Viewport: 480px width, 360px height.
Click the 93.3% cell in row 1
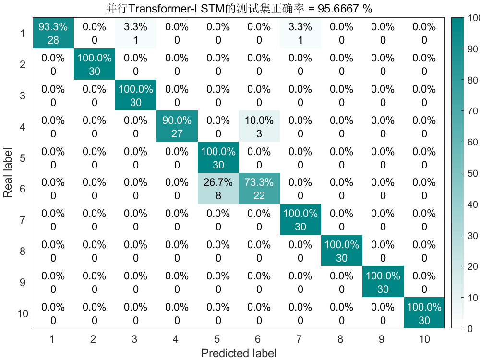click(x=53, y=33)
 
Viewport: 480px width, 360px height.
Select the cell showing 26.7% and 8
click(x=218, y=189)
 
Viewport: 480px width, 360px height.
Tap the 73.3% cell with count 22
click(x=259, y=189)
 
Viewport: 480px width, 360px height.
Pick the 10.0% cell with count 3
click(x=259, y=127)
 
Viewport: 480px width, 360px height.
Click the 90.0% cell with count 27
click(x=177, y=127)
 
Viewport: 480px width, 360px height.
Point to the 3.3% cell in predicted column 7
click(x=300, y=33)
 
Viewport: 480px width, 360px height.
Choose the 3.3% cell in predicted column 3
click(x=136, y=33)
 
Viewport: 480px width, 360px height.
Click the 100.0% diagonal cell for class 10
click(x=424, y=313)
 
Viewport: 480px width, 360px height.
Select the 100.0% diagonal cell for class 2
click(x=95, y=64)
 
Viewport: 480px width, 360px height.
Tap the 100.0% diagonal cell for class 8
click(x=342, y=251)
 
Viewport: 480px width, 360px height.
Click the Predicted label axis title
click(x=239, y=354)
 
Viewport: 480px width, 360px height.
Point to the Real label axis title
click(x=8, y=173)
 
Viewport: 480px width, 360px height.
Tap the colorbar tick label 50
click(x=473, y=173)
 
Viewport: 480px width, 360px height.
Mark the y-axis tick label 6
click(x=23, y=189)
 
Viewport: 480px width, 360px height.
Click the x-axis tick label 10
click(x=424, y=339)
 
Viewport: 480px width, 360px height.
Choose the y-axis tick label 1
click(x=23, y=33)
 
